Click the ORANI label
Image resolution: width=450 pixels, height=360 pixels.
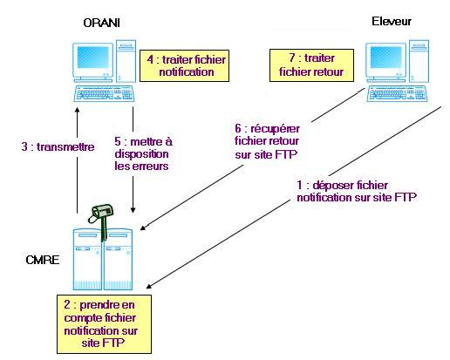(x=101, y=23)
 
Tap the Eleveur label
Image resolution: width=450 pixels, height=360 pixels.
(x=392, y=21)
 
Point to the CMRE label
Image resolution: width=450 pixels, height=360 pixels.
(x=43, y=260)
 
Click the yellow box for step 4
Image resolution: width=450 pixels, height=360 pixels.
(x=184, y=65)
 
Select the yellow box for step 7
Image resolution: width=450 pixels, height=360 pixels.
(x=311, y=65)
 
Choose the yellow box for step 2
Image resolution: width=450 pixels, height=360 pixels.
(x=104, y=324)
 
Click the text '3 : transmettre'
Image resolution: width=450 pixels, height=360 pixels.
(x=58, y=146)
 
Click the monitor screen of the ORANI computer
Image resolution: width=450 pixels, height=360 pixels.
(x=93, y=58)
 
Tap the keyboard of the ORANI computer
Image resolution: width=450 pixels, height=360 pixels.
(x=104, y=93)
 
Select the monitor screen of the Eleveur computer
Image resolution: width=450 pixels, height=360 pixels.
(x=386, y=58)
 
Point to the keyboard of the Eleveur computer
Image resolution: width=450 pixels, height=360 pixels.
(x=397, y=93)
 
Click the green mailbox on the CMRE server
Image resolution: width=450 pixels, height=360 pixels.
(x=101, y=220)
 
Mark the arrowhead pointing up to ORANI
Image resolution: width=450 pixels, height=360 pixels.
(x=77, y=111)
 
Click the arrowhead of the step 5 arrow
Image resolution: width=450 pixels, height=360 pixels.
(x=133, y=210)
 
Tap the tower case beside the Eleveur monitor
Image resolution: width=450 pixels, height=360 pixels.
(x=419, y=61)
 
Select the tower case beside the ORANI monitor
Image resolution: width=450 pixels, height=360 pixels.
(x=126, y=61)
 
